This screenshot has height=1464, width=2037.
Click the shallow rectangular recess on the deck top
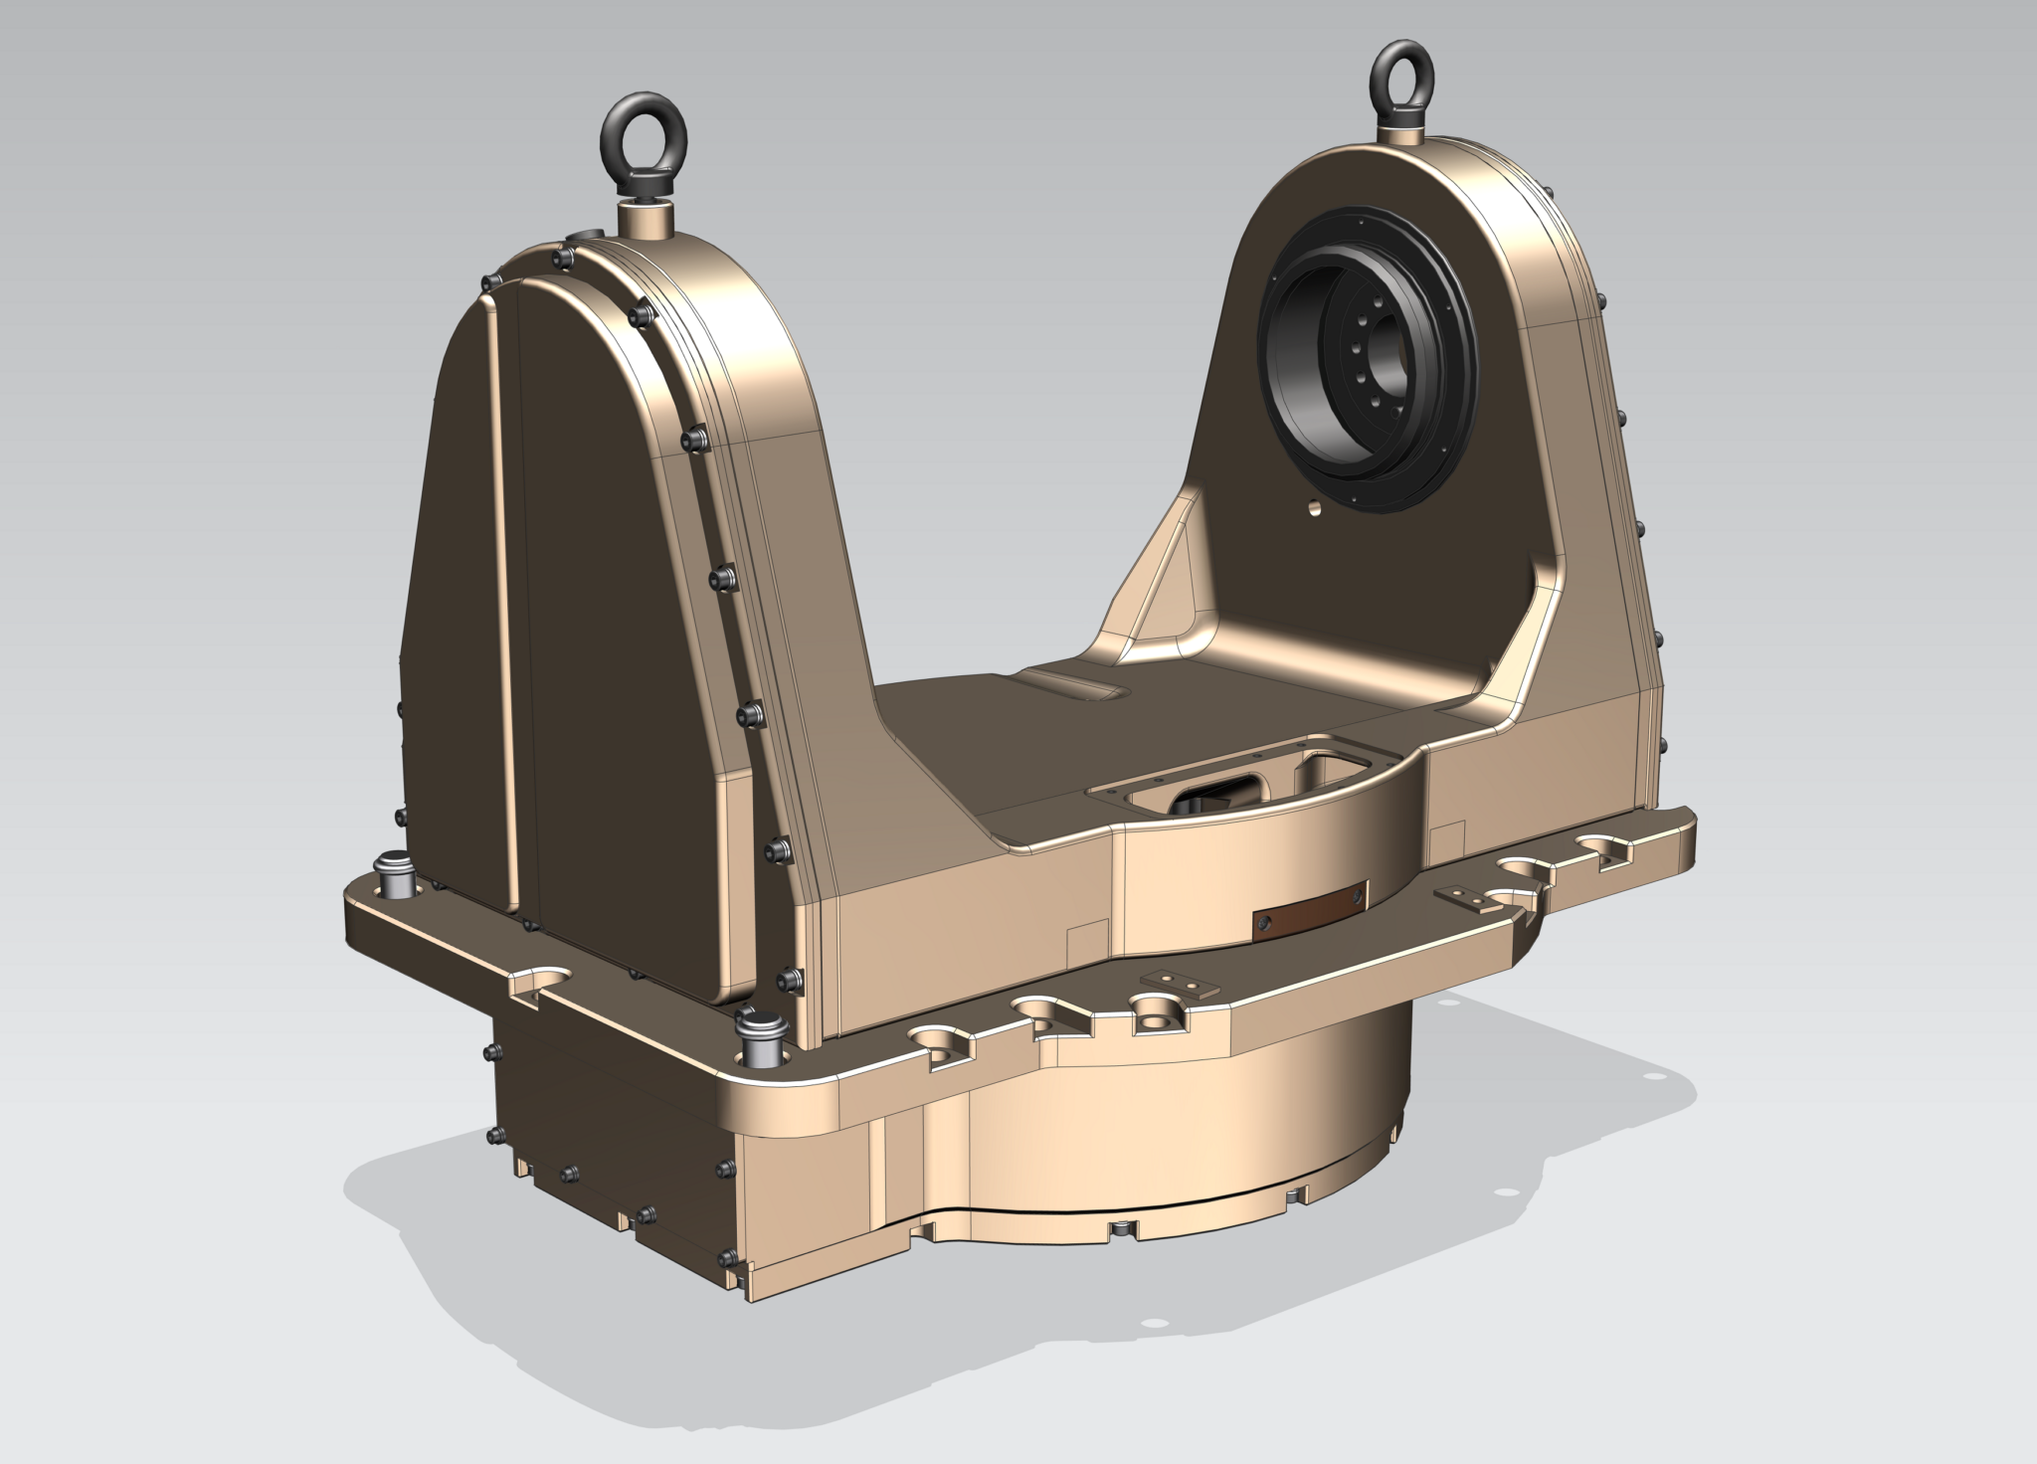1079,684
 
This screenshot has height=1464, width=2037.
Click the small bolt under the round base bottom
1123,1230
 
